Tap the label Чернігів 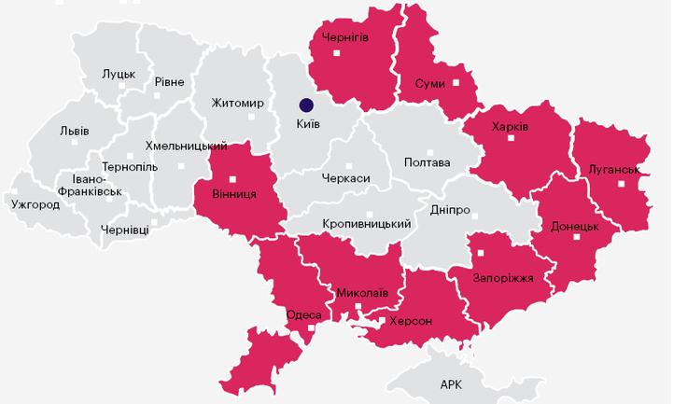click(344, 36)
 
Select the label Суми click(430, 84)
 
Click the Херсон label click(412, 320)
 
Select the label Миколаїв click(361, 292)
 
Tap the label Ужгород click(35, 204)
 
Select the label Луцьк click(119, 74)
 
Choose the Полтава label click(427, 162)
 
